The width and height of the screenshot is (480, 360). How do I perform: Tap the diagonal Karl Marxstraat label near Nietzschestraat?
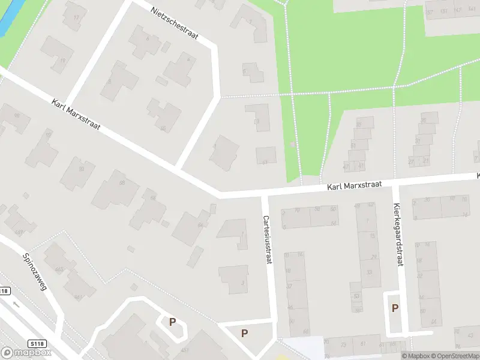[76, 113]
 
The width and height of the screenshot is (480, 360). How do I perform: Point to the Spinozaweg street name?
[34, 271]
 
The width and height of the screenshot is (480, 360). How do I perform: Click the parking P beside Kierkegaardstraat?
[395, 308]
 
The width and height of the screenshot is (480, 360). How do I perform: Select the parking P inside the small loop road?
[172, 322]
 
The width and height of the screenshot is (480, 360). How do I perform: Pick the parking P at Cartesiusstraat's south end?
[244, 333]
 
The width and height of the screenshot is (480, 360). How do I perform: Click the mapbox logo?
[26, 353]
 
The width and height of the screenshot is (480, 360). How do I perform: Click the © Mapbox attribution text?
[416, 356]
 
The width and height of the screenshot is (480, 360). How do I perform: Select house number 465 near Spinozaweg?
[59, 269]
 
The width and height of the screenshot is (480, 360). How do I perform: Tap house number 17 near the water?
[76, 17]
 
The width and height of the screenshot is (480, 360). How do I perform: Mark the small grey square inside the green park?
[292, 145]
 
